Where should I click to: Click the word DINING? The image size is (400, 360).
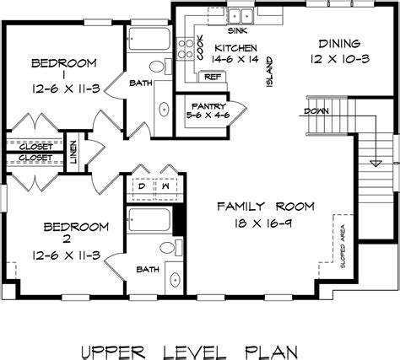(340, 43)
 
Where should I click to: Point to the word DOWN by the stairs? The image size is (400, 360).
(316, 109)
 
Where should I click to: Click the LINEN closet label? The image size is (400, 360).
(74, 150)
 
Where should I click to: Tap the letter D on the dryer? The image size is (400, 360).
(142, 188)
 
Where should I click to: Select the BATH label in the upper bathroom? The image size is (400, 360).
(141, 83)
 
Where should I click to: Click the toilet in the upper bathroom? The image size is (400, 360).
(158, 67)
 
